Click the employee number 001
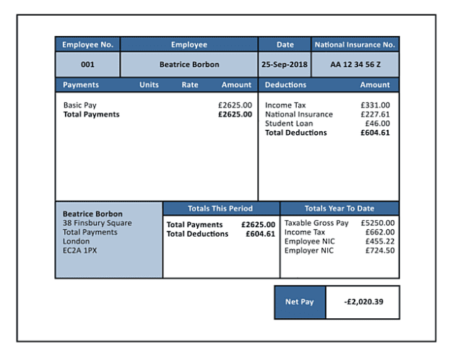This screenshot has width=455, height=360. point(87,64)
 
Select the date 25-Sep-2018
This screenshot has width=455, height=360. point(285,64)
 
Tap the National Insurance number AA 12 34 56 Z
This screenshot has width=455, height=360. point(355,64)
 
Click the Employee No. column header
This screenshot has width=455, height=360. point(87,45)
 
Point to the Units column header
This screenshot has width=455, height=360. point(149,85)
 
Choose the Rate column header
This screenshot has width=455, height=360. point(190,85)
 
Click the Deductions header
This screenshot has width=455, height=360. point(285,85)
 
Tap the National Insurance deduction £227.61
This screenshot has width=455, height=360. point(375,114)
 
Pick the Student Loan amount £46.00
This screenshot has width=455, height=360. point(377,123)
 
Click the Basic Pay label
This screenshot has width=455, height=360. point(79,105)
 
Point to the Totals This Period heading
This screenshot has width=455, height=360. point(220,208)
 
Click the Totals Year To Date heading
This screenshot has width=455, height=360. point(339,208)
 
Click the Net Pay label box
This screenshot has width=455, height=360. point(300,302)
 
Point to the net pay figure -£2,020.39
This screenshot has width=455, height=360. point(363,302)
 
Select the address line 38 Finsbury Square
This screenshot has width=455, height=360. point(97,224)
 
